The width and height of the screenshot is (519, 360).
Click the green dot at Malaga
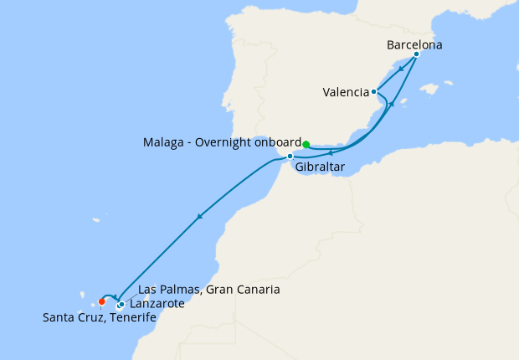(x=306, y=144)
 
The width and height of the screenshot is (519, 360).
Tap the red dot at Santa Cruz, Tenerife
(x=102, y=302)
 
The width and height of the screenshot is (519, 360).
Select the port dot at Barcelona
(x=416, y=54)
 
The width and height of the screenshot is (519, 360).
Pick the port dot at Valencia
(x=374, y=92)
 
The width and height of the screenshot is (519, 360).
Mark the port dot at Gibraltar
(x=290, y=157)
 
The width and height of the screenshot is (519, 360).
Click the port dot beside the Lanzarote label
(x=121, y=304)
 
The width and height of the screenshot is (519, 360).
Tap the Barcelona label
(x=414, y=44)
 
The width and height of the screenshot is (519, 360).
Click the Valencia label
(x=346, y=92)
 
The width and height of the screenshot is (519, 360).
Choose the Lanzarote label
(x=157, y=304)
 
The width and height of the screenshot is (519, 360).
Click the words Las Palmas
(x=167, y=290)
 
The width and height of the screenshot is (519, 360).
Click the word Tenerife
(x=131, y=317)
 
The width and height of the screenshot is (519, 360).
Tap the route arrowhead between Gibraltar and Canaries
(x=199, y=217)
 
